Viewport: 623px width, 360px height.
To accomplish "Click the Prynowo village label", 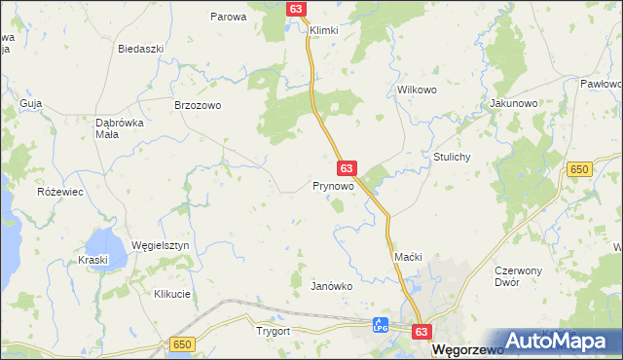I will [x=333, y=185].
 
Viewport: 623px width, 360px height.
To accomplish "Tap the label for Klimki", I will [x=323, y=30].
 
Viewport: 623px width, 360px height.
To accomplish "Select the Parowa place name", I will [x=229, y=17].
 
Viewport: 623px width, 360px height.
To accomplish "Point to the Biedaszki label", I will [x=137, y=49].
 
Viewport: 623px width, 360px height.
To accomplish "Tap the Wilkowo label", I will [x=416, y=90].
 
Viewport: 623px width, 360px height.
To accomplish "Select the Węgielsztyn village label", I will [x=160, y=246].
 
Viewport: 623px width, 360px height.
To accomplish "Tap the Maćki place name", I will [x=407, y=256].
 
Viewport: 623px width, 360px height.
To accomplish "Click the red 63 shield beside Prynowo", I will [x=347, y=168].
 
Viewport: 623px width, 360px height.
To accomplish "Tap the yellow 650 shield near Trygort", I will [x=181, y=344].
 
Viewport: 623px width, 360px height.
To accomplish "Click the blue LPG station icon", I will [x=382, y=324].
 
